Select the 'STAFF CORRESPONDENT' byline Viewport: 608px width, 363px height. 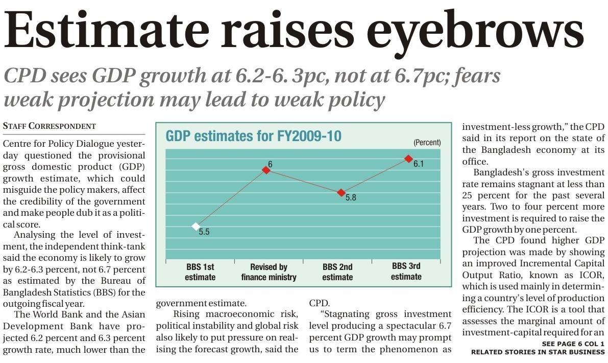coord(50,126)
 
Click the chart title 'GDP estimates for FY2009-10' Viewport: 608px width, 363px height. coord(253,137)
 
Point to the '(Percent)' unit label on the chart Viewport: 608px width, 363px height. coord(427,143)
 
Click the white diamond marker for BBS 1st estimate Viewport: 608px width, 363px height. coord(196,226)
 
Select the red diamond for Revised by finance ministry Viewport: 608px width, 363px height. coord(266,170)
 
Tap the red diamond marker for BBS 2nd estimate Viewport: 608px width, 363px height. coord(341,193)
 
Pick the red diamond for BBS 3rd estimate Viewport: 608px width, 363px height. coord(408,158)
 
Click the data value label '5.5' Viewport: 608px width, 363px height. coord(204,232)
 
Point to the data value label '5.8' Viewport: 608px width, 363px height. coord(351,197)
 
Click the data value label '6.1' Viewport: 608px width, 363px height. coord(419,165)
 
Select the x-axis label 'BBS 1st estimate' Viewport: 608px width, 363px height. coord(201,272)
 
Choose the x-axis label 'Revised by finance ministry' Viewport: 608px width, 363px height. coord(269,272)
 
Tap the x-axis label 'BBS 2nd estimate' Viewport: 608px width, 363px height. coord(337,272)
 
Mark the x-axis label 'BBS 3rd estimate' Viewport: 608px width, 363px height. coord(406,271)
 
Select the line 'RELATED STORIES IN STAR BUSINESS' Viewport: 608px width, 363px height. coord(538,352)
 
